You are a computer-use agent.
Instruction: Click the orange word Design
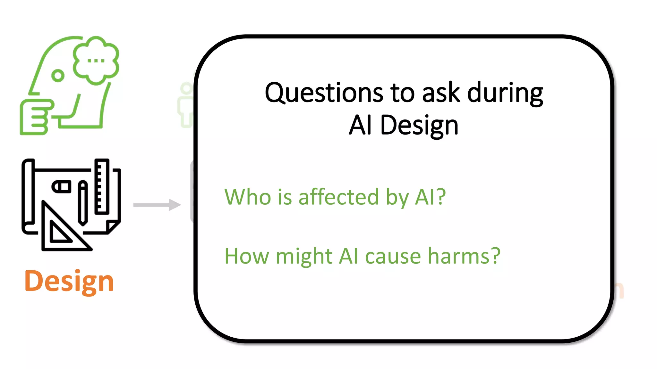coord(69,281)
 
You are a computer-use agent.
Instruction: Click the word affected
coord(339,197)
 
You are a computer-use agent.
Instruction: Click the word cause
coord(393,257)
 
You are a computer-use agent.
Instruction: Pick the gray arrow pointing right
coord(157,205)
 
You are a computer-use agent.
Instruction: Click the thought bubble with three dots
coord(96,60)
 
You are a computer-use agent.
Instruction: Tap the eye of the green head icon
coord(58,76)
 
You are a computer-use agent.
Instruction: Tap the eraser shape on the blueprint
coord(62,186)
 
